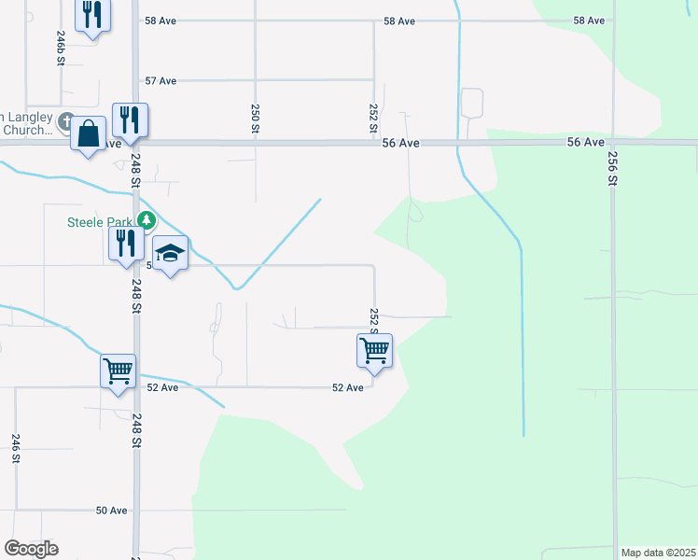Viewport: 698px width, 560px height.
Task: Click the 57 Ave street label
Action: [x=161, y=81]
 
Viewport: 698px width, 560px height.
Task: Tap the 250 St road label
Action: [x=255, y=118]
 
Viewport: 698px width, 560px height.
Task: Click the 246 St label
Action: [x=16, y=447]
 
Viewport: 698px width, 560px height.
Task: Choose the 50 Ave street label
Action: [x=111, y=511]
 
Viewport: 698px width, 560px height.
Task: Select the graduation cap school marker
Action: [x=171, y=254]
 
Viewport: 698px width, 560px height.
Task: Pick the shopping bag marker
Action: [x=88, y=133]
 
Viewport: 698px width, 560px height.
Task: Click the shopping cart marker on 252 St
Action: [x=374, y=351]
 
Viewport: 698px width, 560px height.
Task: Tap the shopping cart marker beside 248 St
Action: [x=119, y=371]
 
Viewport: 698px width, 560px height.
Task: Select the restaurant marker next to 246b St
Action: [x=91, y=15]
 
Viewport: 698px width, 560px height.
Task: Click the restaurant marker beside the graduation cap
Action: [x=125, y=244]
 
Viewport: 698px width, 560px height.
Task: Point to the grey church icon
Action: [x=67, y=121]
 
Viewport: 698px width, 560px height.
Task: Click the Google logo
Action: [x=31, y=549]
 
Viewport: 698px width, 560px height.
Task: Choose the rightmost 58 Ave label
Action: [x=589, y=21]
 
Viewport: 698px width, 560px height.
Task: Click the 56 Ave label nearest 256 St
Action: [x=585, y=142]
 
